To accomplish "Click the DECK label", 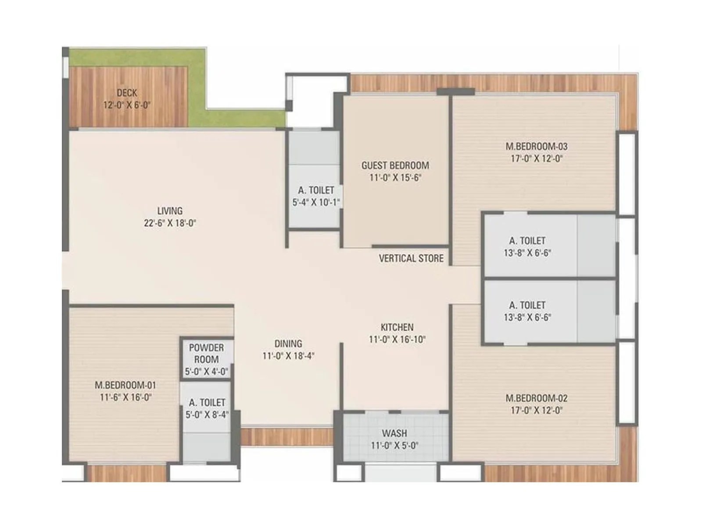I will (127, 93).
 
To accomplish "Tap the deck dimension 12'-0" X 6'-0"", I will (127, 105).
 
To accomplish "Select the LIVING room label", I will (170, 211).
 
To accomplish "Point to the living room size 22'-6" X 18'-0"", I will (170, 223).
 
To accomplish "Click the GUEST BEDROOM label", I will (395, 166).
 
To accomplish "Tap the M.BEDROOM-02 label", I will (536, 398).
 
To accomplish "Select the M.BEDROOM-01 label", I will (125, 385).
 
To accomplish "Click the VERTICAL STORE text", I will (411, 258).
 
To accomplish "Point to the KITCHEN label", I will (397, 327).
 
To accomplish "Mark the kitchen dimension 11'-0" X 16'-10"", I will (397, 339).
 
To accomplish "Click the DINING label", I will (288, 344).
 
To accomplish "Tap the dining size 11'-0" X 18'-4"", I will (288, 356).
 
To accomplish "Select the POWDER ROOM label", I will (206, 353).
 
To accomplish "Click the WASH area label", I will (394, 433).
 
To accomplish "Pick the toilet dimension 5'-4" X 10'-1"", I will (316, 202).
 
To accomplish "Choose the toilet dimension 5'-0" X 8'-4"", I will (207, 415).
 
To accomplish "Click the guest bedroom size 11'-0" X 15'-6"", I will (395, 178).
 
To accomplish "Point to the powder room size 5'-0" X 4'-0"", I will (206, 372).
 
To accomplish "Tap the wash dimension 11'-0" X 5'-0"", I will (394, 446).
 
